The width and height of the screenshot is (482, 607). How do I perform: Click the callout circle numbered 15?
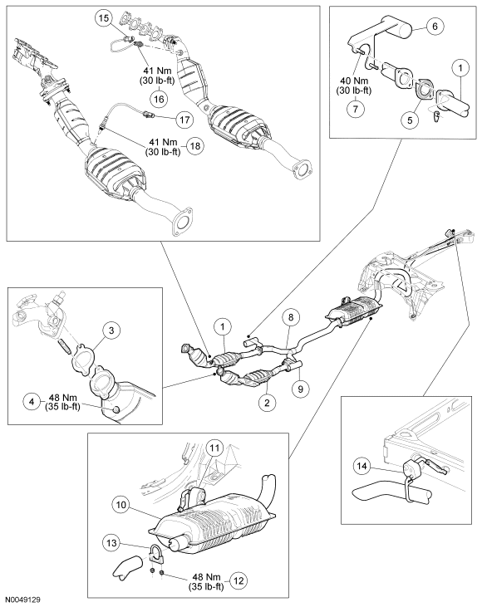tap(104, 18)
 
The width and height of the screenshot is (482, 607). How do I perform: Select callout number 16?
tap(159, 99)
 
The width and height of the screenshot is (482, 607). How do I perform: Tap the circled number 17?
tap(184, 120)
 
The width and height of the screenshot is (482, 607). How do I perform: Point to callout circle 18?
tap(195, 146)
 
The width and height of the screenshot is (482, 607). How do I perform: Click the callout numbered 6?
tap(435, 26)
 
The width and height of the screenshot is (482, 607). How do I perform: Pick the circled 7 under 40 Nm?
tap(356, 109)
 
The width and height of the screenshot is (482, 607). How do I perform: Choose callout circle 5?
tap(410, 120)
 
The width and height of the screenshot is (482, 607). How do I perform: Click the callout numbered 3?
tap(111, 330)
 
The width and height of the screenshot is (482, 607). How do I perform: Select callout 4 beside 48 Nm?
tap(32, 401)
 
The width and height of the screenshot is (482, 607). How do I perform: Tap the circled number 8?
tap(291, 317)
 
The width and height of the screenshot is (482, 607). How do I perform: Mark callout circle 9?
tap(301, 389)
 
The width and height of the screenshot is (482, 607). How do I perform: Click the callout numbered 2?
tap(268, 403)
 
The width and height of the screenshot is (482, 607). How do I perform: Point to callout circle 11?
tap(214, 448)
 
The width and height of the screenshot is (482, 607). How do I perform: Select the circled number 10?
tap(121, 505)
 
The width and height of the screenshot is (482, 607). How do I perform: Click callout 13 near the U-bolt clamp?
tap(111, 543)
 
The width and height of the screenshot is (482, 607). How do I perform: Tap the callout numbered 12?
tap(239, 580)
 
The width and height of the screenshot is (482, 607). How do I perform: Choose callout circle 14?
tap(361, 466)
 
